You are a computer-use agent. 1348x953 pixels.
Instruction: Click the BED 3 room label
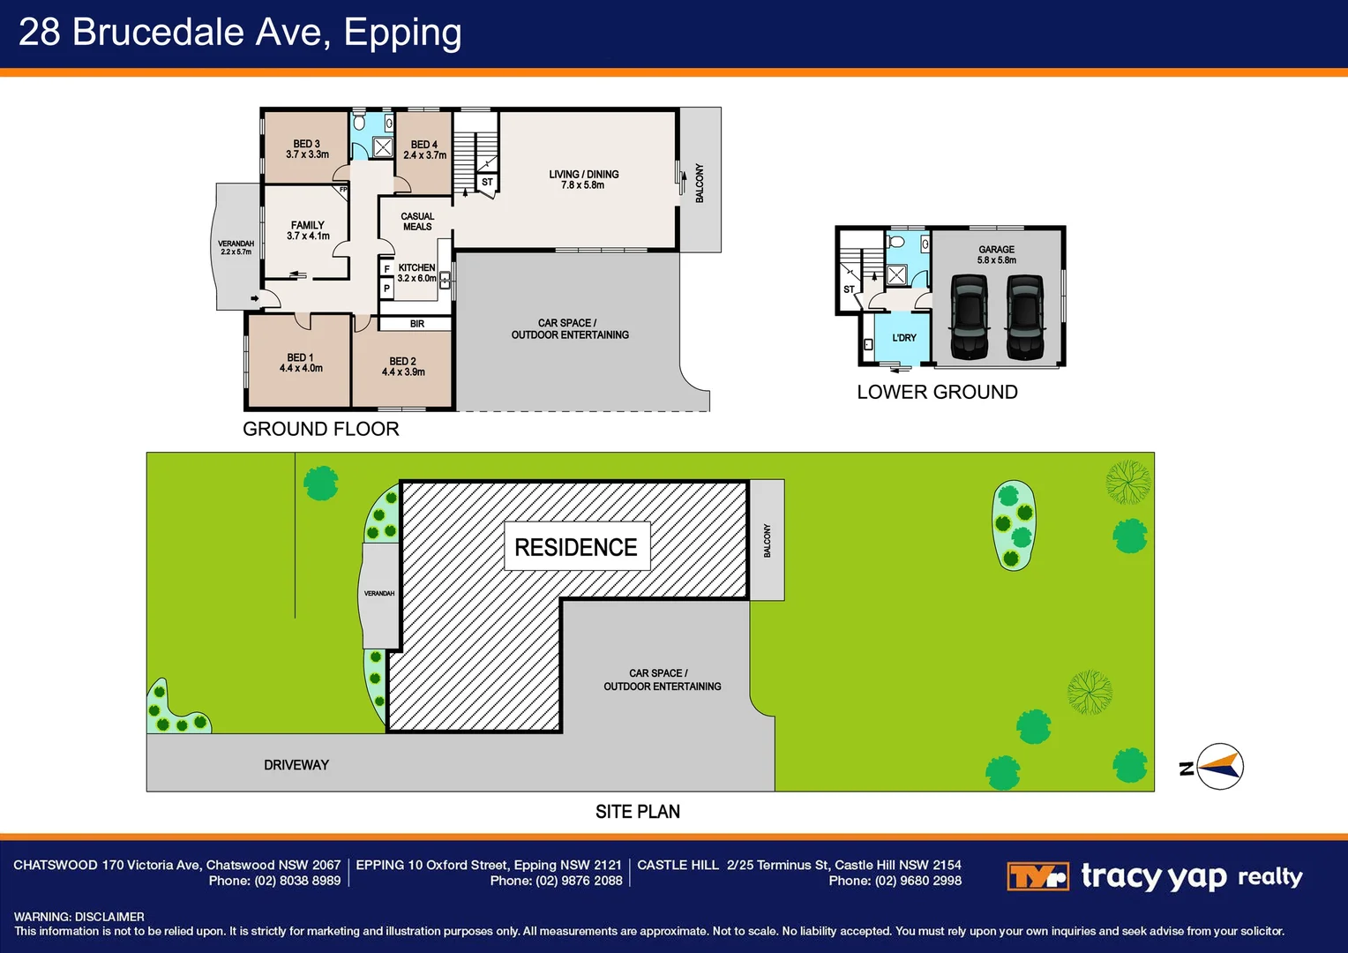[x=307, y=149]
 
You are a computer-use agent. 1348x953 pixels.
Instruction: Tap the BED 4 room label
[x=424, y=150]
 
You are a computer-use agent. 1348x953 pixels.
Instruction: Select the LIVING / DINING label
[x=583, y=179]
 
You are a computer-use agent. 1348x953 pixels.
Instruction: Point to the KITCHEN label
[x=416, y=273]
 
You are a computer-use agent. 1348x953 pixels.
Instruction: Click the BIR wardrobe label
[x=417, y=324]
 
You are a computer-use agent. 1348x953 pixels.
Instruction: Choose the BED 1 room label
[x=301, y=363]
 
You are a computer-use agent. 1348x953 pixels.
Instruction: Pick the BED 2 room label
[x=403, y=366]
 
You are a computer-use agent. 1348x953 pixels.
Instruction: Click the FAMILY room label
[x=308, y=230]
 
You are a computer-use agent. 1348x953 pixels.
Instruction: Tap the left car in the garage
[x=969, y=317]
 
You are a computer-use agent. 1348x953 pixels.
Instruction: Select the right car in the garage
[x=1025, y=317]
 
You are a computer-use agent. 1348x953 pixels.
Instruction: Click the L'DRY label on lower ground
[x=904, y=338]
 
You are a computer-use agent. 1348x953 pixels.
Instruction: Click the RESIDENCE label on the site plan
[x=576, y=547]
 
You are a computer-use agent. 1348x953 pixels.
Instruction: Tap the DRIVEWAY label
[x=296, y=765]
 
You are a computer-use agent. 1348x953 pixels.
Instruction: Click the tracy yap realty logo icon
[x=1037, y=876]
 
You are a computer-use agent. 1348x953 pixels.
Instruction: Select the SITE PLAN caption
[x=637, y=812]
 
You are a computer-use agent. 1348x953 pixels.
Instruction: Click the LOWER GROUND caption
[x=937, y=392]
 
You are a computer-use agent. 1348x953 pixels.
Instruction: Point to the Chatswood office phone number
[x=274, y=881]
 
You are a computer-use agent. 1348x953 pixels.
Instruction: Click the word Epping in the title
[x=402, y=33]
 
